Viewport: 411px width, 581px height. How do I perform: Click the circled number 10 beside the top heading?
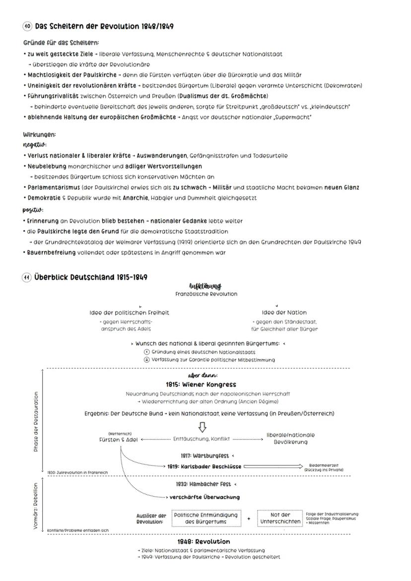pos(28,26)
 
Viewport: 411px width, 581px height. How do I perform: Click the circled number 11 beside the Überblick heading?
pos(28,277)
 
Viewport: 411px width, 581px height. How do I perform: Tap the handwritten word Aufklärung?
pos(205,286)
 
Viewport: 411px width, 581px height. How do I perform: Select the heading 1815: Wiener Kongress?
pos(201,385)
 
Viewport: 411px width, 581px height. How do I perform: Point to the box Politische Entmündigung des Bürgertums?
pos(206,518)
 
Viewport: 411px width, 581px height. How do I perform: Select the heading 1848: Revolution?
pos(204,541)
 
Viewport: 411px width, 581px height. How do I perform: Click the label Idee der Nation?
pos(284,313)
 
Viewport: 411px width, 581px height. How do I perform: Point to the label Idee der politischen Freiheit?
pos(129,313)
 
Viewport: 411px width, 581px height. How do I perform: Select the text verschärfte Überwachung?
pos(205,497)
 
